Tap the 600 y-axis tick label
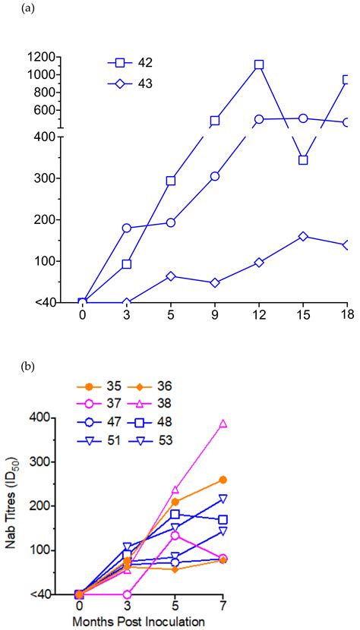coord(44,110)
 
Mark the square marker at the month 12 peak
coord(259,65)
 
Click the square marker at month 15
coord(303,160)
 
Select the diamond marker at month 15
coord(303,237)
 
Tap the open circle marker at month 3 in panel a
coord(127,228)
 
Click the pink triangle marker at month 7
coord(223,425)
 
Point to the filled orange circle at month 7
coord(223,480)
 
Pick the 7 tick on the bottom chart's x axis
coord(223,608)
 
